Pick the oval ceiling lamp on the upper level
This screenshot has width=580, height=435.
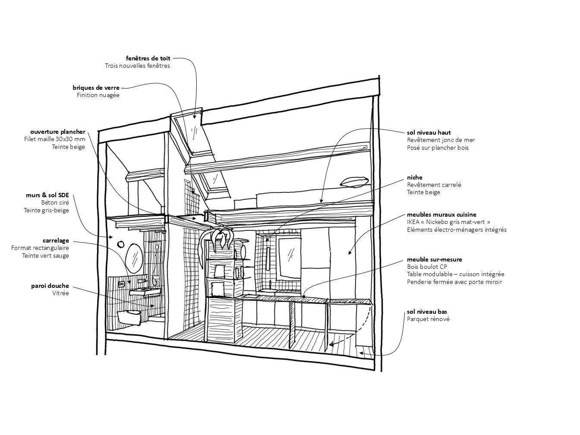354,182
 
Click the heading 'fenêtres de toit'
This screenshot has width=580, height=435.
148,58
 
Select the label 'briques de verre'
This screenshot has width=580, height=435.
96,88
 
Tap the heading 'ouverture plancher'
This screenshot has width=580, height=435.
58,132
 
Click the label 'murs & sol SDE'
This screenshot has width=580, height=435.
47,195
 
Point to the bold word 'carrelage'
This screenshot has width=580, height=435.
56,240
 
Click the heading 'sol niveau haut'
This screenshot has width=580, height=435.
429,132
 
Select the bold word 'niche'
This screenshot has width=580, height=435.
415,177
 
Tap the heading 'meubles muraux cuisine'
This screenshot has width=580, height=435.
441,214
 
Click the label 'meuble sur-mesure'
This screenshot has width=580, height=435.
434,259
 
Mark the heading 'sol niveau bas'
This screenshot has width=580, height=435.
427,312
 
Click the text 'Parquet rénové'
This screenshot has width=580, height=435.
428,319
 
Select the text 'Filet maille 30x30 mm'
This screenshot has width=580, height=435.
55,139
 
